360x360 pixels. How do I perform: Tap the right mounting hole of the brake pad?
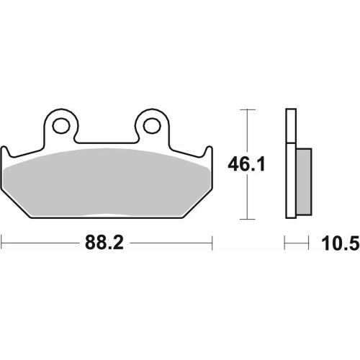pos(152,125)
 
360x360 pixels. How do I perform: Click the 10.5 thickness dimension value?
pos(344,243)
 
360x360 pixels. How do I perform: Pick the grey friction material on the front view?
pos(108,187)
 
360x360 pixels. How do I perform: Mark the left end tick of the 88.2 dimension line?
pos(1,243)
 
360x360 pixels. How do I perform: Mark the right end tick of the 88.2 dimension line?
pos(211,243)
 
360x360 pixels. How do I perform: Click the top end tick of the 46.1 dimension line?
pos(248,109)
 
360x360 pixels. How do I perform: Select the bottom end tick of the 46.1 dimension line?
pos(248,220)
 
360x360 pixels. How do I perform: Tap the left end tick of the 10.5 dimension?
pos(286,243)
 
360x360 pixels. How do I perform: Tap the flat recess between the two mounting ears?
pos(107,141)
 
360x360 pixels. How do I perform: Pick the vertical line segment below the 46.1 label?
pos(248,198)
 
